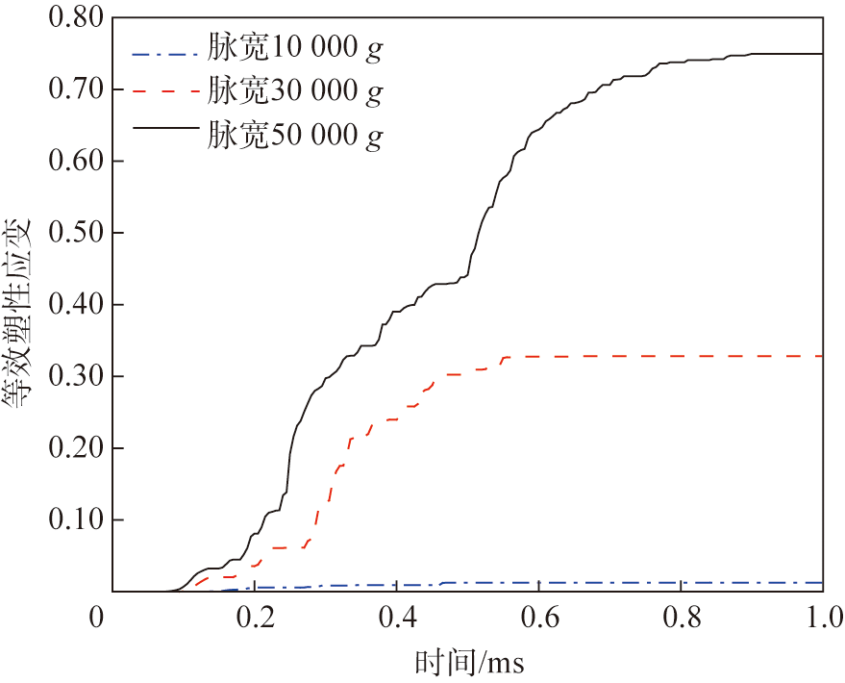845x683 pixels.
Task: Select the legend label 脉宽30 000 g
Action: pos(294,92)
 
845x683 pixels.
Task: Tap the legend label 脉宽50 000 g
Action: pos(294,136)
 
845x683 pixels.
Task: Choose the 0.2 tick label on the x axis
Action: pos(255,617)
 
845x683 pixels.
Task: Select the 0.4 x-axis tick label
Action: pos(397,617)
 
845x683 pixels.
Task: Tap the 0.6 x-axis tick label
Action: pos(539,617)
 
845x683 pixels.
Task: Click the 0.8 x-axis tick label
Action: pos(682,617)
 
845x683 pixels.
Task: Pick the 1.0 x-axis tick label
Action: pos(822,617)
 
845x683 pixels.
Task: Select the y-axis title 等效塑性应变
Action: pos(21,316)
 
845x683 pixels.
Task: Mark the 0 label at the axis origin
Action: pos(96,617)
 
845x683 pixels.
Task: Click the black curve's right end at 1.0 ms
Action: pos(823,54)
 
